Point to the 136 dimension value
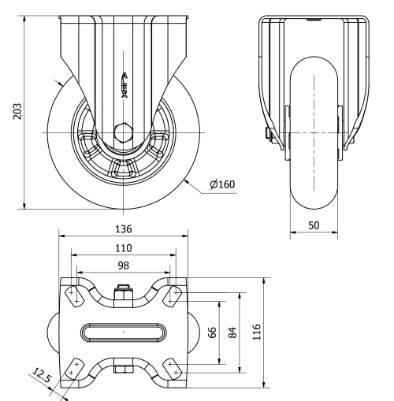123,229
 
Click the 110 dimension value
123,247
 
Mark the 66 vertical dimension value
212,332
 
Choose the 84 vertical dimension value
232,332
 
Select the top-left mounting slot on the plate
72,296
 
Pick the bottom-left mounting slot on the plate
72,368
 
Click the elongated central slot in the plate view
123,332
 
